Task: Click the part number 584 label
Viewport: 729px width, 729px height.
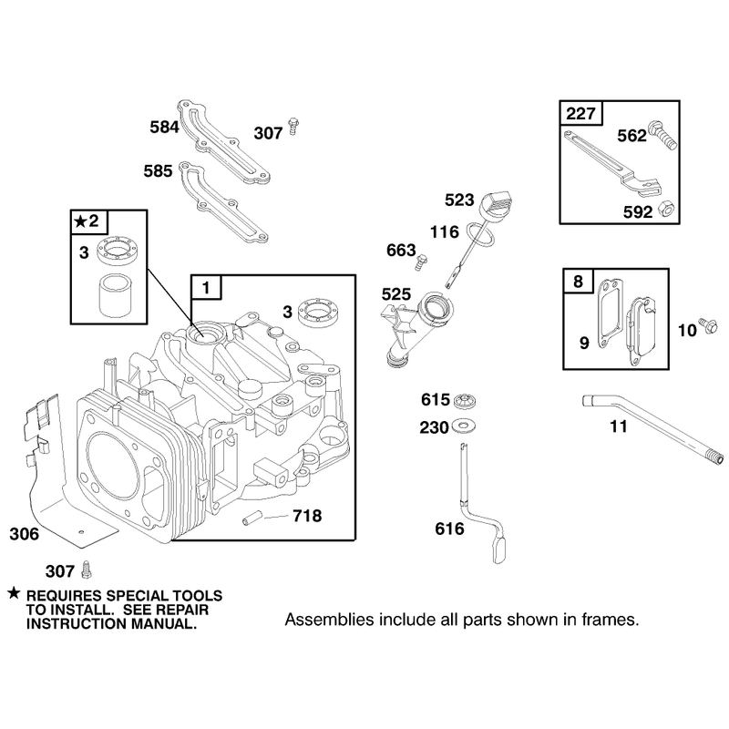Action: coord(164,127)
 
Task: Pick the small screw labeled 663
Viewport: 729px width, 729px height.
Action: coord(421,262)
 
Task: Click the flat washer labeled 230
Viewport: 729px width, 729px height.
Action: coord(463,426)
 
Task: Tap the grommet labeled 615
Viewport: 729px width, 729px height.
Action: coord(463,400)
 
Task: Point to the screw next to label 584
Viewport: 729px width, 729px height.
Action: coord(293,126)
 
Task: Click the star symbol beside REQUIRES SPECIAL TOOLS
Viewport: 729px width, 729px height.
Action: coord(14,593)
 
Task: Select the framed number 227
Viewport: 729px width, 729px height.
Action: coord(580,113)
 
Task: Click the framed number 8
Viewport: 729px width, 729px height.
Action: coord(578,282)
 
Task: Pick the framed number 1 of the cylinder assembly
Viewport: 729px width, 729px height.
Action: coord(207,288)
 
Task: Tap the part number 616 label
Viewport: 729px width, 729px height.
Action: coord(449,529)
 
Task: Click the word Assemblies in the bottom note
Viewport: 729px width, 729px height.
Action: coord(329,620)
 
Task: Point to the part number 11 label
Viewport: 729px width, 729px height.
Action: coord(619,426)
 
